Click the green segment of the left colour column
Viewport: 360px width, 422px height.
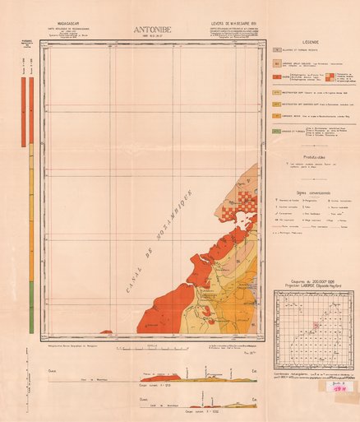tap(31, 316)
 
